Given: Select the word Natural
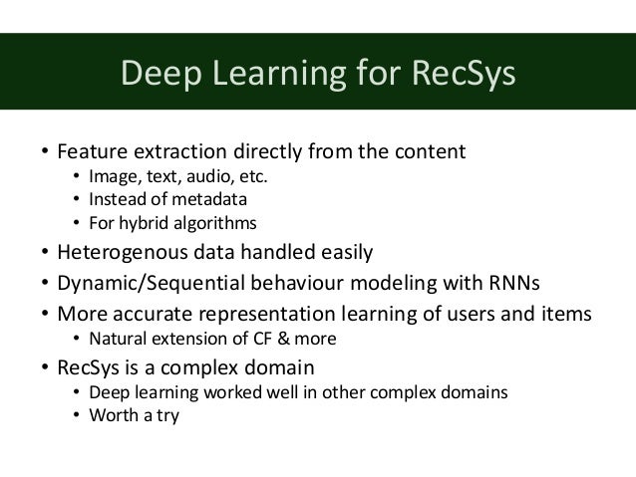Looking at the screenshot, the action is pyautogui.click(x=121, y=339).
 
